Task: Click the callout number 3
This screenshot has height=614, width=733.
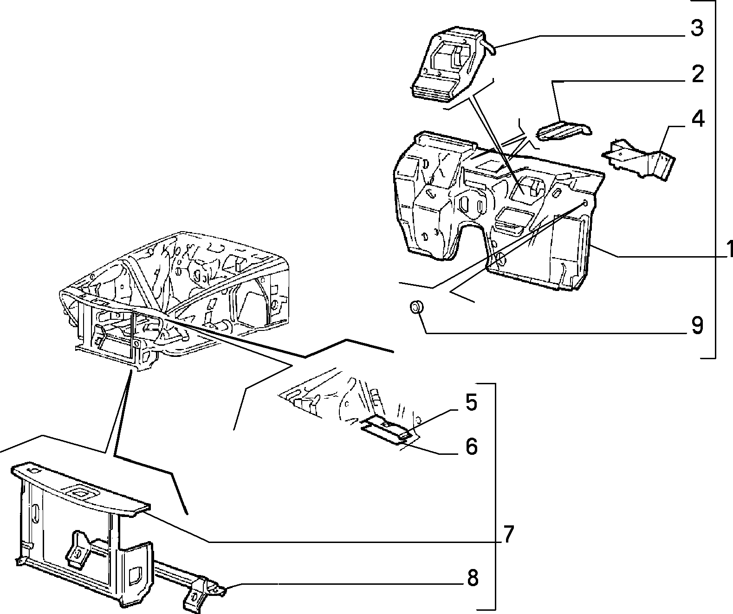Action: click(697, 28)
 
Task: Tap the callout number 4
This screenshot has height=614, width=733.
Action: click(698, 119)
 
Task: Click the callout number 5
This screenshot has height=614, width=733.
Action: click(472, 402)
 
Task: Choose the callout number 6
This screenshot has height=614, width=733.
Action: click(472, 446)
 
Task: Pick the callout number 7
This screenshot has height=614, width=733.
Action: click(509, 534)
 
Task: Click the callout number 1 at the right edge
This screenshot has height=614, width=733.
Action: click(729, 249)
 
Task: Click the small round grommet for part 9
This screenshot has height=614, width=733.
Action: click(417, 307)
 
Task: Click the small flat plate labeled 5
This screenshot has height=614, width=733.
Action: click(386, 427)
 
